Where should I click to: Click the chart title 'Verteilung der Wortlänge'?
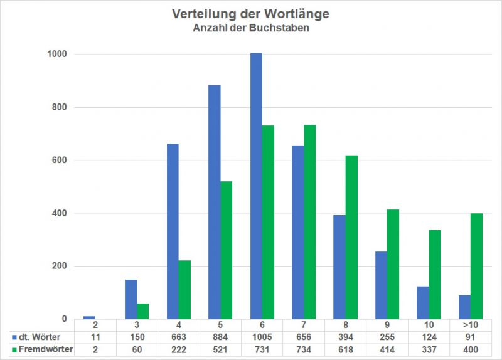(x=250, y=13)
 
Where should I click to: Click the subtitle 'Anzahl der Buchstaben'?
(x=250, y=28)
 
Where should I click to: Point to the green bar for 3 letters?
(x=142, y=311)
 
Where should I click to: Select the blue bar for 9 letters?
(x=381, y=285)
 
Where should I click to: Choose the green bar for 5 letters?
(x=226, y=250)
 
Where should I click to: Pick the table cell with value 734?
(x=303, y=350)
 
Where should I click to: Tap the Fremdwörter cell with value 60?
(x=137, y=350)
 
